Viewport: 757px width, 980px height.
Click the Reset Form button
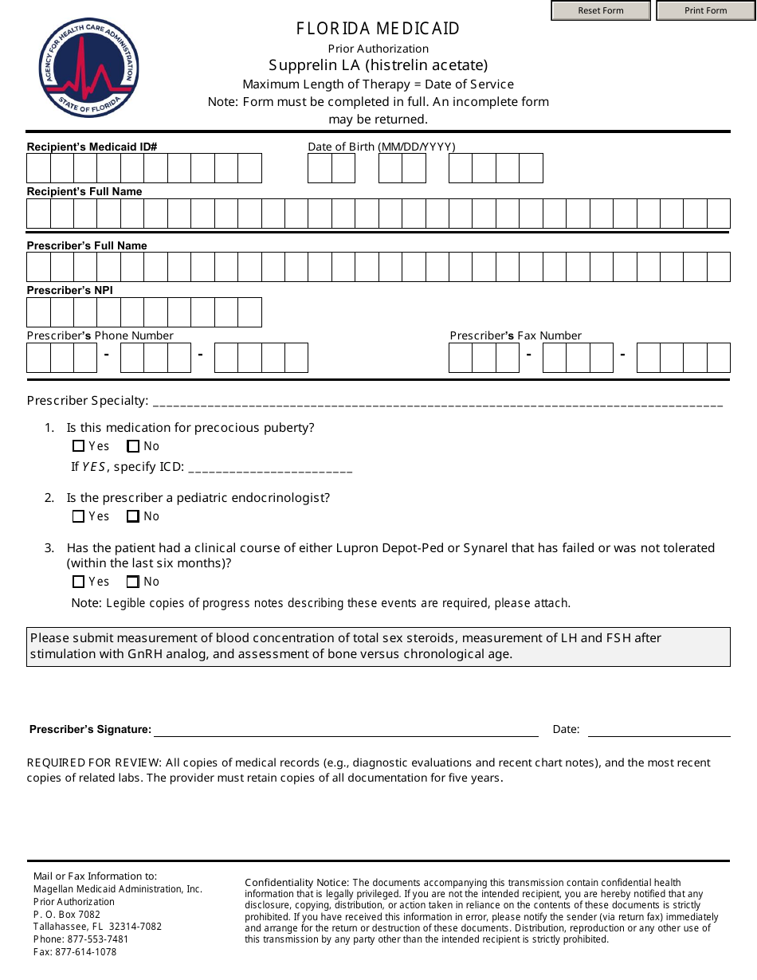tap(601, 10)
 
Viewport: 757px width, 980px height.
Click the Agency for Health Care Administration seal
tap(88, 68)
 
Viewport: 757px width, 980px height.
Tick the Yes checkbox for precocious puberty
tap(78, 446)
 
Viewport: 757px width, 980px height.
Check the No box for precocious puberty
tap(133, 446)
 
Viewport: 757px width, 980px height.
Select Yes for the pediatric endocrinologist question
tap(78, 516)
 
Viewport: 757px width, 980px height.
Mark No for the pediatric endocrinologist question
tap(133, 516)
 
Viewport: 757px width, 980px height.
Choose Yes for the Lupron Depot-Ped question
tap(78, 582)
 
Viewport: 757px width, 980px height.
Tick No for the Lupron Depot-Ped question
tap(133, 582)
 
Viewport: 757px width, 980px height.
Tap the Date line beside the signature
tap(658, 730)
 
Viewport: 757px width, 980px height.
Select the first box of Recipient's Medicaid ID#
tap(38, 168)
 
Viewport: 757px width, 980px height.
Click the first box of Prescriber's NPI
tap(38, 312)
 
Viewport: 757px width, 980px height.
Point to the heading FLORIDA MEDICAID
tap(378, 29)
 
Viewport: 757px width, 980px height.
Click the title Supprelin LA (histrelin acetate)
tap(378, 65)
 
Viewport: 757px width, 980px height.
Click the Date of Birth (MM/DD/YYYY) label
tap(382, 147)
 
